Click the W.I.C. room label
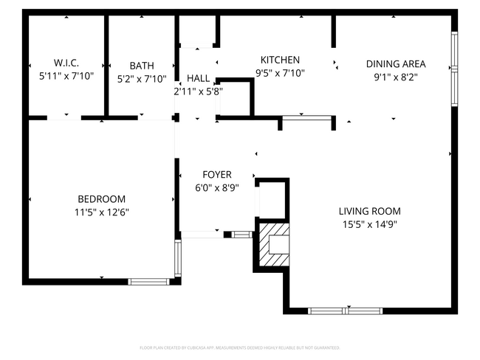click(66, 63)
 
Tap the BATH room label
click(141, 65)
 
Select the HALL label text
click(198, 78)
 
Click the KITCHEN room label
click(280, 60)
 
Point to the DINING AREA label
click(396, 63)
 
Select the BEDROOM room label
click(101, 199)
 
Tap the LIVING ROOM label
click(369, 211)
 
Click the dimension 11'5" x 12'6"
click(101, 212)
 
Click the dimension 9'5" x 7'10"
click(280, 73)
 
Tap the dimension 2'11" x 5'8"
click(198, 91)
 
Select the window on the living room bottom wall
click(344, 311)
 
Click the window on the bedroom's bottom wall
click(149, 281)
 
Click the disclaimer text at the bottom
click(239, 347)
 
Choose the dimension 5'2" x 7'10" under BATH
click(141, 78)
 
